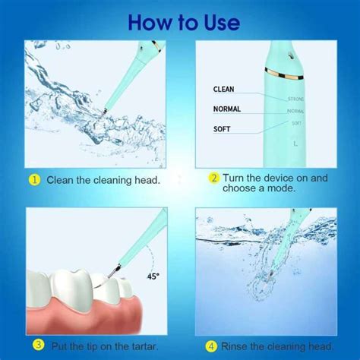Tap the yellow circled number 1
coord(34,181)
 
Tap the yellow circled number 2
coord(215,178)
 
